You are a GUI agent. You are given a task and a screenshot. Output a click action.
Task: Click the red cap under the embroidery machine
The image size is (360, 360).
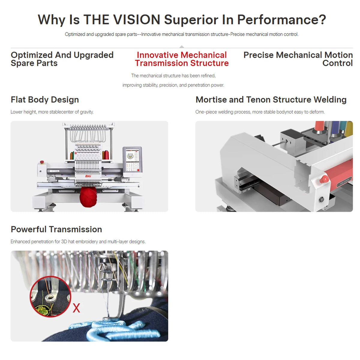point(88,197)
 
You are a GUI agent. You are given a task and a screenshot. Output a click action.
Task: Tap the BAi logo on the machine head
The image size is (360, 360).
point(88,176)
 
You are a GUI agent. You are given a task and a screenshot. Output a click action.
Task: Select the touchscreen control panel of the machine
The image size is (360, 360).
point(132,162)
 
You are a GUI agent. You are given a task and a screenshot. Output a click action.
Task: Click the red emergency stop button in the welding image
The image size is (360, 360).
point(324,179)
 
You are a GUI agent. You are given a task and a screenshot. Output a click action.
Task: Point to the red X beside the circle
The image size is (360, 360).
point(76,308)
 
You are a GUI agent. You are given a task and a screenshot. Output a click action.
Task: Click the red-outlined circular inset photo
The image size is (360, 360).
point(50,296)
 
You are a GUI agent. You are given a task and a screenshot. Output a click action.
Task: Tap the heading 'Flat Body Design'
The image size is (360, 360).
point(45,100)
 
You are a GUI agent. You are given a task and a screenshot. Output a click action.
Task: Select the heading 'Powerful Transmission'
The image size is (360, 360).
point(56,229)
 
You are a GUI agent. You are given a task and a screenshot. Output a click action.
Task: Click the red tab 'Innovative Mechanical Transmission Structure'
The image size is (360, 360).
point(182,59)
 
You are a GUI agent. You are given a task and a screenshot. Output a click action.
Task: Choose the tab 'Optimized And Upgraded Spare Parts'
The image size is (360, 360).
point(62,59)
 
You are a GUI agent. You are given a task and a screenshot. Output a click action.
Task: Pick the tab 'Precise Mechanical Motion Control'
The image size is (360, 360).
point(298,59)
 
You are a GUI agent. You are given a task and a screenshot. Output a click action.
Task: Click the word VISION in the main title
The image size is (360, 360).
point(136,19)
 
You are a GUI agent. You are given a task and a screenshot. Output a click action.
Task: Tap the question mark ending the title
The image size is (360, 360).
point(322,19)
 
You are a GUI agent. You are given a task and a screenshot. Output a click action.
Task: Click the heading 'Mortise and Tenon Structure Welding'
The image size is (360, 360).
point(271,100)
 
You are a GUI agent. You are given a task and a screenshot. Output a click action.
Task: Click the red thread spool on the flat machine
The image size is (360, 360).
point(106,155)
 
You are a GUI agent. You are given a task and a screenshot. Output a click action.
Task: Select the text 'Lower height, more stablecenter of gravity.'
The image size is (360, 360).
point(52,112)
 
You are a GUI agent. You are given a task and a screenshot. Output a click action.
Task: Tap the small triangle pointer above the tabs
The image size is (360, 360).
point(181,46)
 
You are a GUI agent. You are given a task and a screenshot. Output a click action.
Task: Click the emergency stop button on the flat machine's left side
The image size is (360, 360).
point(42,162)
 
